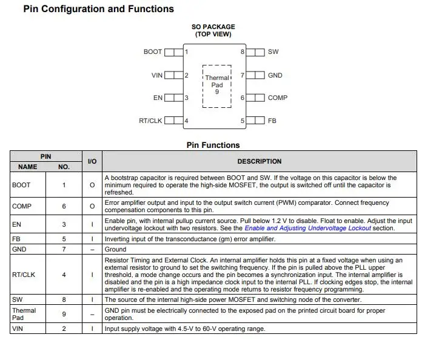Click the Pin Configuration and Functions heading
(99, 9)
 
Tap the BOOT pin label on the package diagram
(152, 52)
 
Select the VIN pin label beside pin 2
(156, 75)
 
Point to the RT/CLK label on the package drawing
(150, 121)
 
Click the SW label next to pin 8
(273, 52)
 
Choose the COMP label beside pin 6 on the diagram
(277, 98)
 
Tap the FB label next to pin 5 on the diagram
(272, 121)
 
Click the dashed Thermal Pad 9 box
(216, 85)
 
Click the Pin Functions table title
(213, 145)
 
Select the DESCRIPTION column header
(259, 162)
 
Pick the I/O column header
(92, 162)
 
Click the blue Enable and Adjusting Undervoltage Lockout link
(316, 228)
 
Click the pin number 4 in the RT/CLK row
(64, 275)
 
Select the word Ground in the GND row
(116, 249)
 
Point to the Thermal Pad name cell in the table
(24, 314)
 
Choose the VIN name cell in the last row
(18, 329)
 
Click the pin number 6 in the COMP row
(64, 207)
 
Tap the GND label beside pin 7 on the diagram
(275, 75)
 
